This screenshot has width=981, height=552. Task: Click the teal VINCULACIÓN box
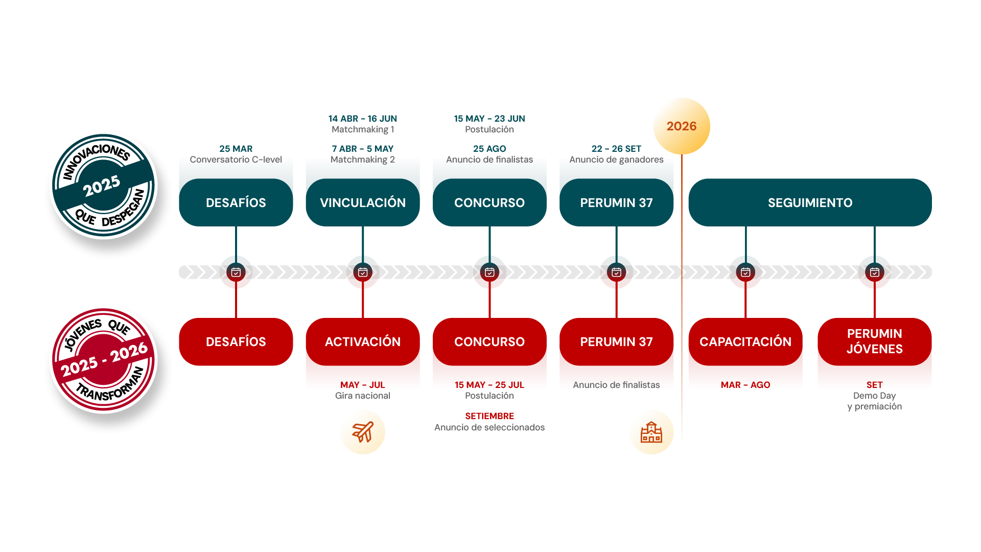pyautogui.click(x=363, y=202)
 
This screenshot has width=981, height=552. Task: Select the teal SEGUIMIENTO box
pyautogui.click(x=810, y=202)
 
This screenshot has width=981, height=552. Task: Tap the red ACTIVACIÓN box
pyautogui.click(x=363, y=341)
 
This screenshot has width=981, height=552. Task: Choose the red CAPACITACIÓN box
pyautogui.click(x=745, y=341)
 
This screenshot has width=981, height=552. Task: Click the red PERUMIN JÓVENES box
pyautogui.click(x=874, y=341)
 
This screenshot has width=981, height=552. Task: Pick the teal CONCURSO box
pyautogui.click(x=489, y=202)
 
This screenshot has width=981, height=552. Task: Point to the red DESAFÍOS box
pyautogui.click(x=236, y=341)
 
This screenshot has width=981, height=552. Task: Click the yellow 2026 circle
pyautogui.click(x=682, y=126)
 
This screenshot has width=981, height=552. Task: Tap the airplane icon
pyautogui.click(x=363, y=432)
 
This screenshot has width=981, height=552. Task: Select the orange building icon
pyautogui.click(x=651, y=432)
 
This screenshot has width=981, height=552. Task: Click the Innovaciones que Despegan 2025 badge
pyautogui.click(x=104, y=186)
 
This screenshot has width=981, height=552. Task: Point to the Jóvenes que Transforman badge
pyautogui.click(x=104, y=360)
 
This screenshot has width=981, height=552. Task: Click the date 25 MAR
pyautogui.click(x=236, y=149)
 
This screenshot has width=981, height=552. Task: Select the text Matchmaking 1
pyautogui.click(x=363, y=129)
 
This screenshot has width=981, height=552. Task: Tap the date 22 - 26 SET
pyautogui.click(x=616, y=149)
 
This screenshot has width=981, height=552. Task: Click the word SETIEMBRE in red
pyautogui.click(x=489, y=416)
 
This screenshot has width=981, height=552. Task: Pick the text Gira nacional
pyautogui.click(x=363, y=396)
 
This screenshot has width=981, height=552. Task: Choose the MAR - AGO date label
pyautogui.click(x=745, y=385)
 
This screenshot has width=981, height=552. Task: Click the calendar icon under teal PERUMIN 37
pyautogui.click(x=616, y=272)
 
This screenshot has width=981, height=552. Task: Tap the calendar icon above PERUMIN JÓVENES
pyautogui.click(x=874, y=272)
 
